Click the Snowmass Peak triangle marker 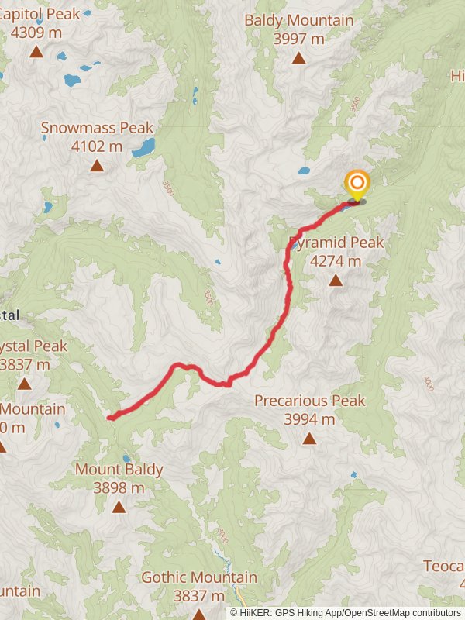[x=97, y=165]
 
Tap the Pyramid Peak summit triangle [x=336, y=281]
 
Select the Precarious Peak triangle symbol [x=309, y=439]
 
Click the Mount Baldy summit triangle [x=119, y=507]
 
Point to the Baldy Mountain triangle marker [x=298, y=58]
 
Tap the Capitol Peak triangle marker [x=36, y=52]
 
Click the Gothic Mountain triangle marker [x=199, y=614]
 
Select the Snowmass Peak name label [x=97, y=128]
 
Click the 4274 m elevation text [x=336, y=261]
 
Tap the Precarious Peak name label [x=309, y=401]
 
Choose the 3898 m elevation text [x=119, y=487]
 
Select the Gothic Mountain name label [x=199, y=577]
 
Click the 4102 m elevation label [x=97, y=146]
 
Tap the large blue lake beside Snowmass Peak [x=143, y=147]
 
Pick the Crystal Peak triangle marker [x=25, y=384]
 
